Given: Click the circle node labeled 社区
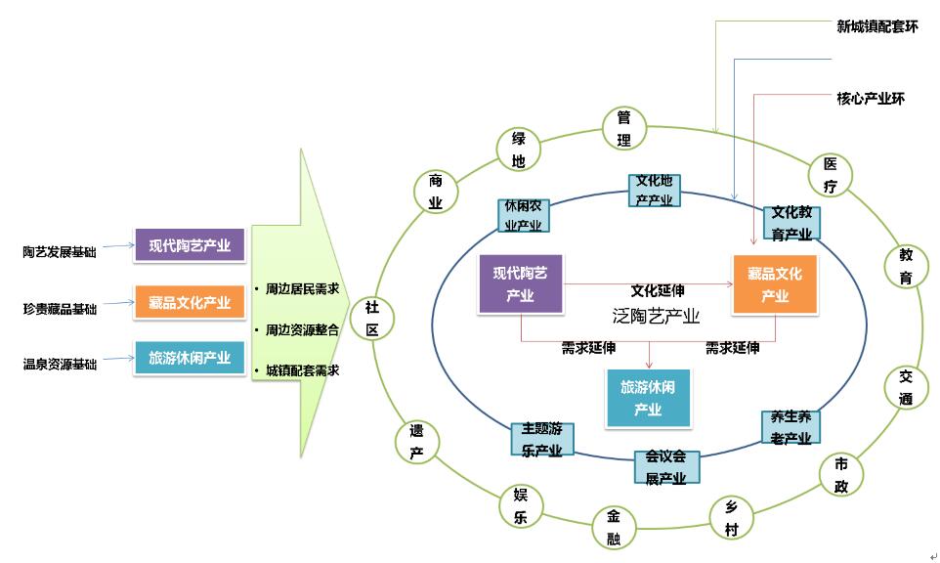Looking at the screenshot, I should pos(371,318).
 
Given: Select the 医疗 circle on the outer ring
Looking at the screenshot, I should pos(831,175).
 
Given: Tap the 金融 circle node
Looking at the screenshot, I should pos(614,528).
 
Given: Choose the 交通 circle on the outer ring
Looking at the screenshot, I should pos(906,388).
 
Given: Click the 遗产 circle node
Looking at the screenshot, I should pos(416,442).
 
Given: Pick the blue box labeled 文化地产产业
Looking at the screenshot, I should pos(655,191).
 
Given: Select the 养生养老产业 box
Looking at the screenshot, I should pos(790,428).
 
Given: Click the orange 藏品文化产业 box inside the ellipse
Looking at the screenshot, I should pos(775,284).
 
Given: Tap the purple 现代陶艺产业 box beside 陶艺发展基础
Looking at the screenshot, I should pos(190,246).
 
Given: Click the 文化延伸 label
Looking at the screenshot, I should pos(658,290).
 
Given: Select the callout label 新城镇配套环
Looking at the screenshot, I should pos(877,26).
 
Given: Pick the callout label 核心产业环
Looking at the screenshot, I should pos(871,98).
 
